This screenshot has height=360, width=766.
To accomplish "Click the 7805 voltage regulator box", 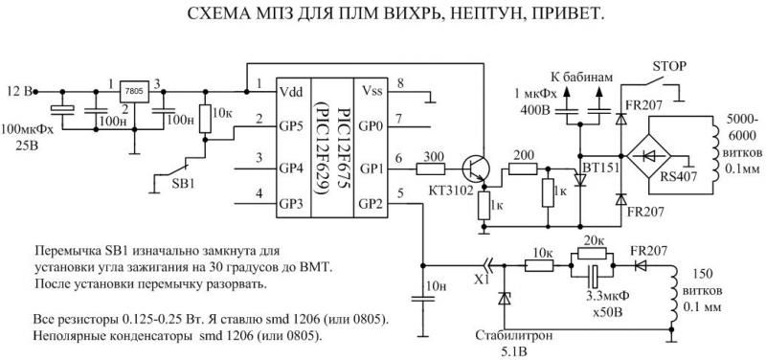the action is coord(134,91).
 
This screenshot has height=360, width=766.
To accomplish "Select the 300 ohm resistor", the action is coord(430,169).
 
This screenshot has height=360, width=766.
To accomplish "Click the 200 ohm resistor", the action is coord(523,169).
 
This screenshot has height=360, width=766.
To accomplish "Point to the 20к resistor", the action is coord(592,254).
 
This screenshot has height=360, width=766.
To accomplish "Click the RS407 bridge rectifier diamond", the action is coord(649,156).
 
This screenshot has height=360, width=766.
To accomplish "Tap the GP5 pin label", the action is coord(292,127).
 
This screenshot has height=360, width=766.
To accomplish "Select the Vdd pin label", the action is coord(290,91).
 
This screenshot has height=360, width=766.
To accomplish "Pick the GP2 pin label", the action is coord(372,204).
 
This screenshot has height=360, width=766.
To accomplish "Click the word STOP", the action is coord(668,65).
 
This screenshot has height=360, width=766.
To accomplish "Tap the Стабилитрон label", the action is coord(507,337).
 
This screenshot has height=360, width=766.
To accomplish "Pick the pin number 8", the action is coord(400,83).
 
